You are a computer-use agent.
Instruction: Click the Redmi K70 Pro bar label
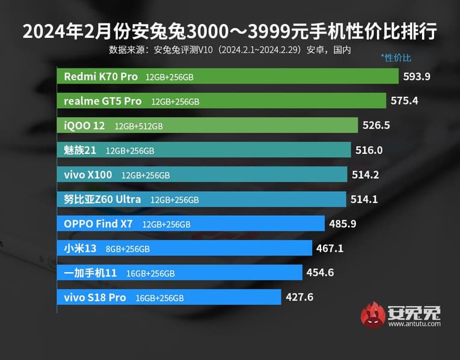tap(101, 76)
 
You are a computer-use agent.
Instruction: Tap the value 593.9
tap(417, 76)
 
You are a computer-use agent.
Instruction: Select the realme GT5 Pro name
tap(103, 101)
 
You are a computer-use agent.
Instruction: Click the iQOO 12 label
tap(84, 126)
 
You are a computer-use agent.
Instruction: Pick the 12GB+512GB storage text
tap(138, 126)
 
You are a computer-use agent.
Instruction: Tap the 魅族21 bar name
tap(80, 150)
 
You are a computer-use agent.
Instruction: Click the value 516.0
tap(369, 150)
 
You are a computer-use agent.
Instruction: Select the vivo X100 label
tap(88, 175)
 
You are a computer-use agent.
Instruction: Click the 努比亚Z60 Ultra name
tap(102, 199)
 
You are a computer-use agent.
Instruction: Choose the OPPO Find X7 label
tap(98, 224)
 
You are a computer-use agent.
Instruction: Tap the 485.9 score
tap(343, 224)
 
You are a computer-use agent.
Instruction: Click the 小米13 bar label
tap(78, 248)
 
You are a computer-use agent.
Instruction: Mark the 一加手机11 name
tap(90, 273)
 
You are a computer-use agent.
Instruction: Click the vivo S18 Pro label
tap(95, 297)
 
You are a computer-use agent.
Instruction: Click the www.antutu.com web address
tap(414, 324)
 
